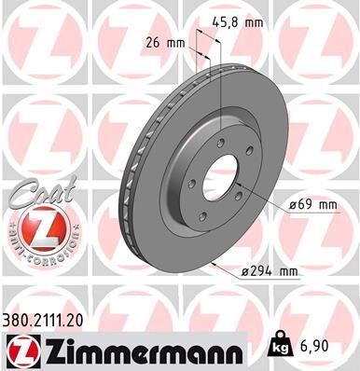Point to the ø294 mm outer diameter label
pos(268,272)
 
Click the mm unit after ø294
pos(288,272)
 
